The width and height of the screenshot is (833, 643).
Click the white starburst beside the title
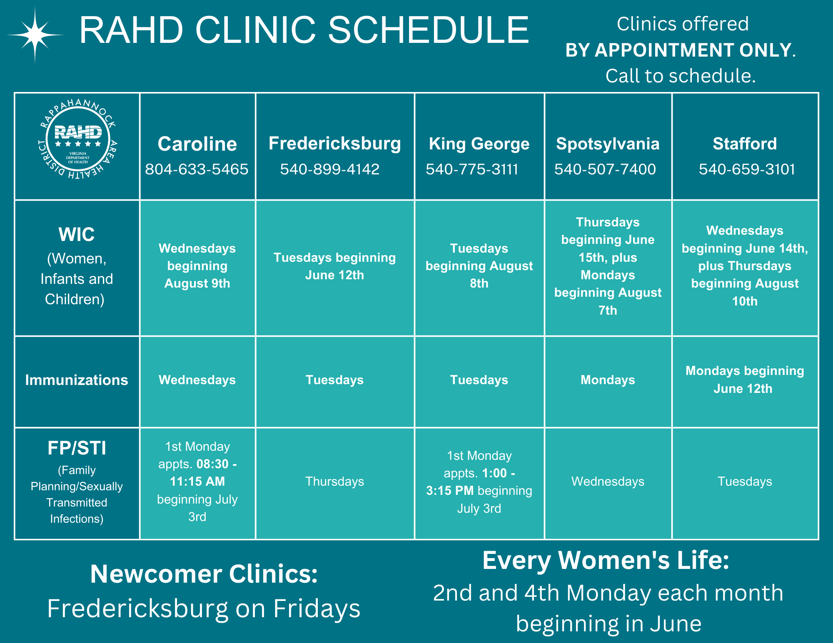(x=35, y=35)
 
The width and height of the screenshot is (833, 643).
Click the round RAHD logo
(x=78, y=139)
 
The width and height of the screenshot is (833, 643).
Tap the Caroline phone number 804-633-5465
(x=197, y=169)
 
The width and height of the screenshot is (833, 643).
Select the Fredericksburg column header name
(x=335, y=144)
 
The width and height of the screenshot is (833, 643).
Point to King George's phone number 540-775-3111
(x=472, y=169)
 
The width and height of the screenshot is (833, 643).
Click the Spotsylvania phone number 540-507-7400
(x=605, y=169)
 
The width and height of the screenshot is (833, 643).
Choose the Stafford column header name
(x=745, y=144)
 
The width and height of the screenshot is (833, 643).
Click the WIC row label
(x=77, y=234)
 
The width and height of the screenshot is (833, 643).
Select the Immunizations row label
(x=77, y=380)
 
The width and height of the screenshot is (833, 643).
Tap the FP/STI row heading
(x=77, y=448)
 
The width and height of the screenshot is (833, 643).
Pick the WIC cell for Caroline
(x=197, y=266)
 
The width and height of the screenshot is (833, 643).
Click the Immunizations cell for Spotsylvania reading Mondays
(x=608, y=380)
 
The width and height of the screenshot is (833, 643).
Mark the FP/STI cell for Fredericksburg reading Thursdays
(x=334, y=482)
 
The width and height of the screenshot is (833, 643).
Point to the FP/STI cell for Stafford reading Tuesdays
(x=745, y=482)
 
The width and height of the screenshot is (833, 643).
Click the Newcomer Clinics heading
(x=204, y=574)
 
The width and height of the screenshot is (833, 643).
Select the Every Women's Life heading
(x=606, y=560)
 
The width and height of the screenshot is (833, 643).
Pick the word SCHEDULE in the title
(x=429, y=30)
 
